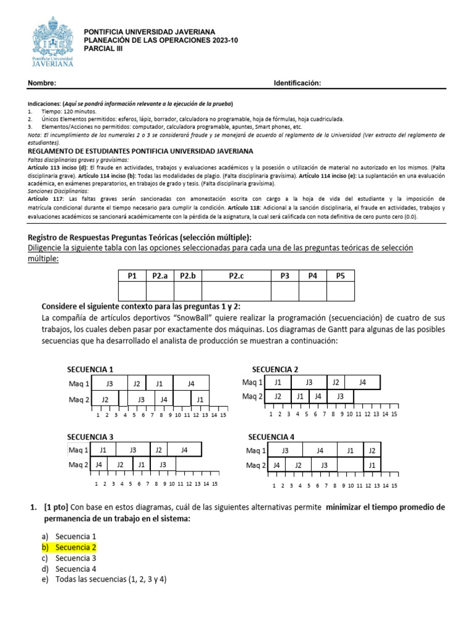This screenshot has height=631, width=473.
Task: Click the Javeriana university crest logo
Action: [52, 42]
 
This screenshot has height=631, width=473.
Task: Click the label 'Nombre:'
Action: [42, 83]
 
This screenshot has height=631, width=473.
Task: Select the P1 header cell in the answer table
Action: [132, 276]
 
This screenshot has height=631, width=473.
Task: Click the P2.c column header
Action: [236, 276]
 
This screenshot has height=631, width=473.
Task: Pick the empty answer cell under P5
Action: [341, 291]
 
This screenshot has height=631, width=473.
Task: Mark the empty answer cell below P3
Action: [285, 291]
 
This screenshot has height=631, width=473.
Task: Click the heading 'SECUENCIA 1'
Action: [90, 370]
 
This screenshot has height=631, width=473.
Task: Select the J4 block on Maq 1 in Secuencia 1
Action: [191, 384]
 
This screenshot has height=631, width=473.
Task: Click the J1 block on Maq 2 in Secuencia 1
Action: [200, 400]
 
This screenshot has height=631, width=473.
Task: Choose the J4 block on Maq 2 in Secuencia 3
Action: [99, 465]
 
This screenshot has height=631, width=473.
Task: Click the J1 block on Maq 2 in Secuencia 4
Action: [371, 465]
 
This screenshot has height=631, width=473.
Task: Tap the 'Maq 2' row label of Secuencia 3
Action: [78, 465]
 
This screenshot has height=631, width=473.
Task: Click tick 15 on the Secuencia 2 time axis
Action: [394, 414]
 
